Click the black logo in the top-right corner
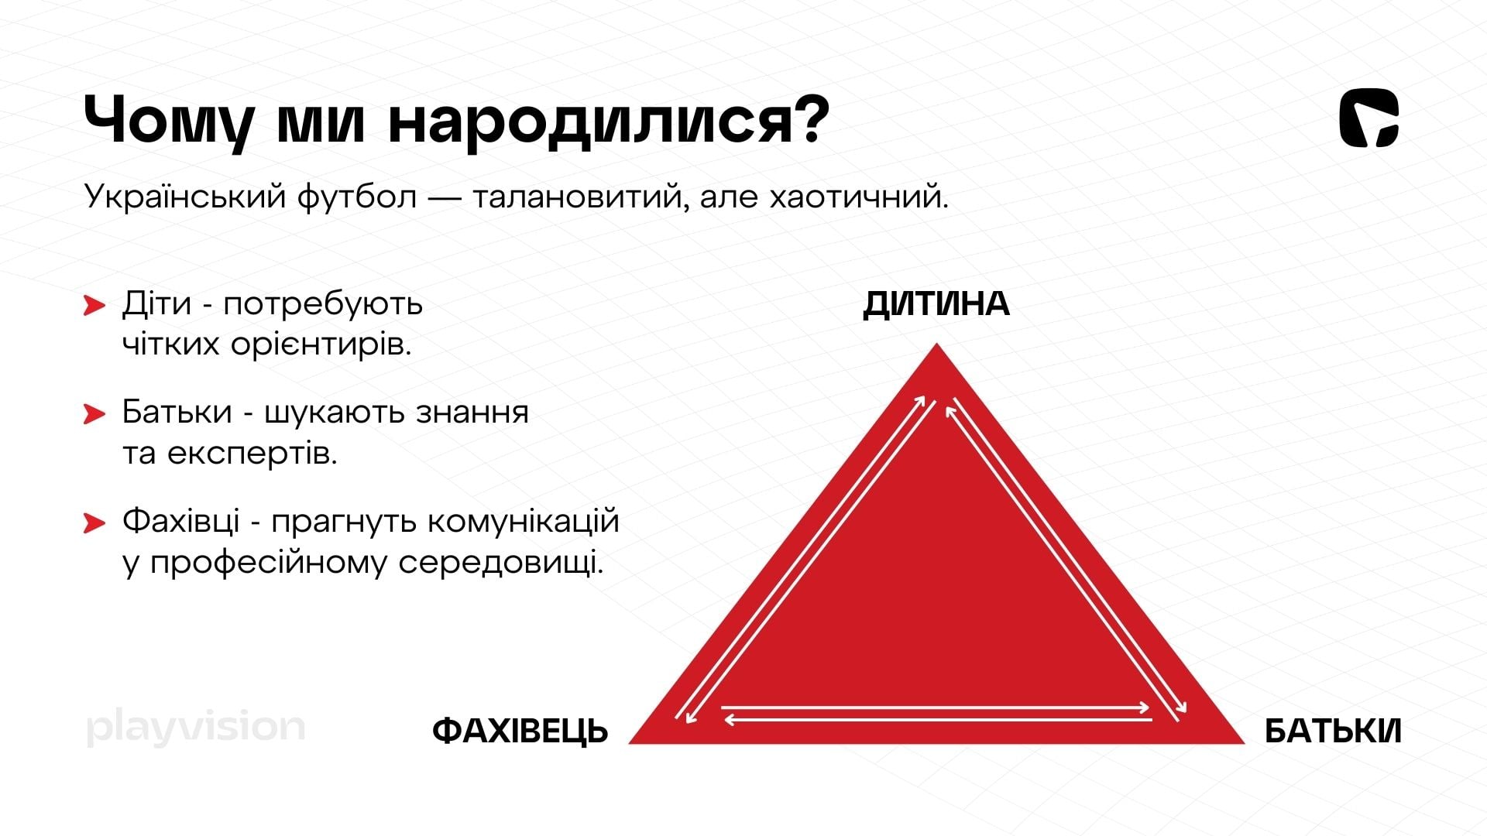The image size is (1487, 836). pos(1369,118)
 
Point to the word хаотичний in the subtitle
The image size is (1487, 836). pos(859,197)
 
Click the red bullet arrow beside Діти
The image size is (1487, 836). pos(94,306)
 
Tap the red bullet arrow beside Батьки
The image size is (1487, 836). pos(94,414)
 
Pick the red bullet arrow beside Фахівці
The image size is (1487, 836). pos(94,523)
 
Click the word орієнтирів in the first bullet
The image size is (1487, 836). pos(321,345)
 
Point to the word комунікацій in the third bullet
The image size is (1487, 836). pos(523,521)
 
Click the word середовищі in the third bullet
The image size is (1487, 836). pos(500,562)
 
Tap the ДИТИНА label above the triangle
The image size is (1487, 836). pos(936,304)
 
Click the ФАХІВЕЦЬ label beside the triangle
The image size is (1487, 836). pos(520,731)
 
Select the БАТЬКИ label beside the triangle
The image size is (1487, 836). pos(1333,731)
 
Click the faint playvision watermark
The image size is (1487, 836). pos(196,728)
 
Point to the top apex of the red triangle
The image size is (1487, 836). pos(936,343)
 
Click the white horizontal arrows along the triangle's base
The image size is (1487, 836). pos(937,713)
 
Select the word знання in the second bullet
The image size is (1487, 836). pos(472,413)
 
